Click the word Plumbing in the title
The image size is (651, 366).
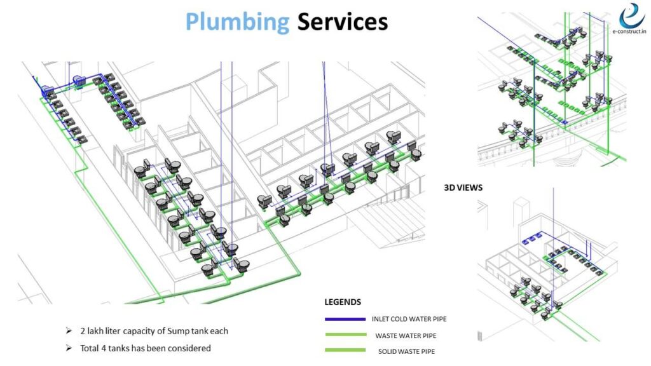(x=237, y=22)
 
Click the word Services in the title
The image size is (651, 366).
(x=342, y=22)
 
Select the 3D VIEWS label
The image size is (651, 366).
(x=463, y=188)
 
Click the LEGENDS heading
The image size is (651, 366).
(x=343, y=302)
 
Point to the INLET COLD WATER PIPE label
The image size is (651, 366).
(x=414, y=319)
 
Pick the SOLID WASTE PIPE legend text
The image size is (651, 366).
(x=406, y=351)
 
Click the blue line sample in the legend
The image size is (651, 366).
(x=344, y=318)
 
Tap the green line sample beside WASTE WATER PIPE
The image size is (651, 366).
(x=344, y=334)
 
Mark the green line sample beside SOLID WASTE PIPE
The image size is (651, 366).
(x=344, y=350)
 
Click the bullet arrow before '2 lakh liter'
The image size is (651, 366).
(x=69, y=331)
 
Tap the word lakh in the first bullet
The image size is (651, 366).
(x=97, y=331)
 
